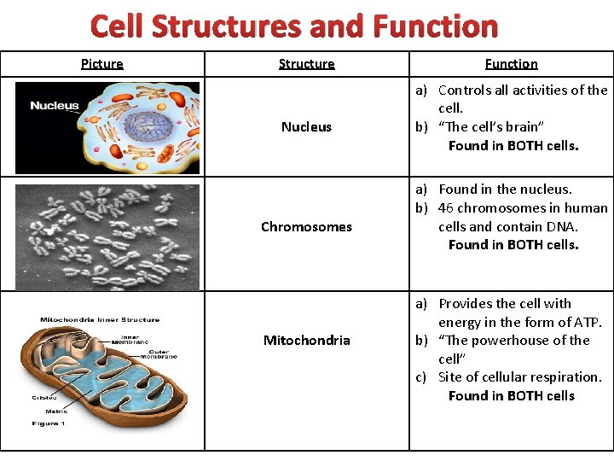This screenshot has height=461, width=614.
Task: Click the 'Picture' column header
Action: point(102,64)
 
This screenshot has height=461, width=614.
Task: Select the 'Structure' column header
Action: point(306,64)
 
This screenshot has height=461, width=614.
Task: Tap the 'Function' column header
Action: point(511,64)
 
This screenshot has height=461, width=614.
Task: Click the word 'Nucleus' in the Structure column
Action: point(306,127)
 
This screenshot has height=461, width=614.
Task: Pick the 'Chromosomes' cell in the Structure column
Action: point(306,227)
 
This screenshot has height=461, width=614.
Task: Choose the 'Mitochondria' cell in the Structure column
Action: point(306,341)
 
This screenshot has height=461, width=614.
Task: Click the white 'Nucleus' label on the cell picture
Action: point(54,107)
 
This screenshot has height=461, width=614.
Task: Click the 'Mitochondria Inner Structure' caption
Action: point(99,320)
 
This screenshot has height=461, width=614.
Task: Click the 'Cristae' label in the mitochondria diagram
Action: point(44,397)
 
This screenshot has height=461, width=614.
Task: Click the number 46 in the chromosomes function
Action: point(446,208)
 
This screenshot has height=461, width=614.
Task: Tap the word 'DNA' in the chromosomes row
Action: point(562,227)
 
